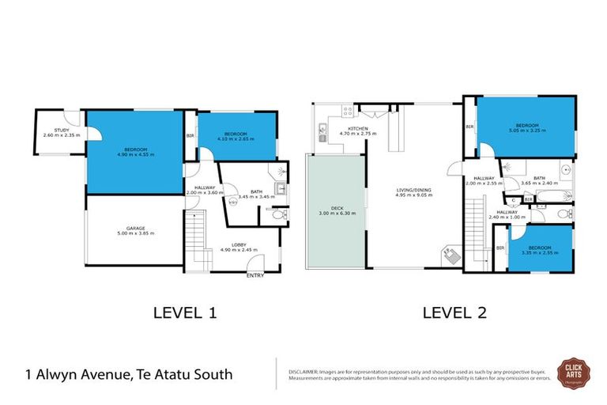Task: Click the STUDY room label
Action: click(x=61, y=131)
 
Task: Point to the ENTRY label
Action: click(x=255, y=275)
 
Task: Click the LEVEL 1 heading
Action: click(x=184, y=312)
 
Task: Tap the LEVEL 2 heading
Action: click(x=454, y=312)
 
